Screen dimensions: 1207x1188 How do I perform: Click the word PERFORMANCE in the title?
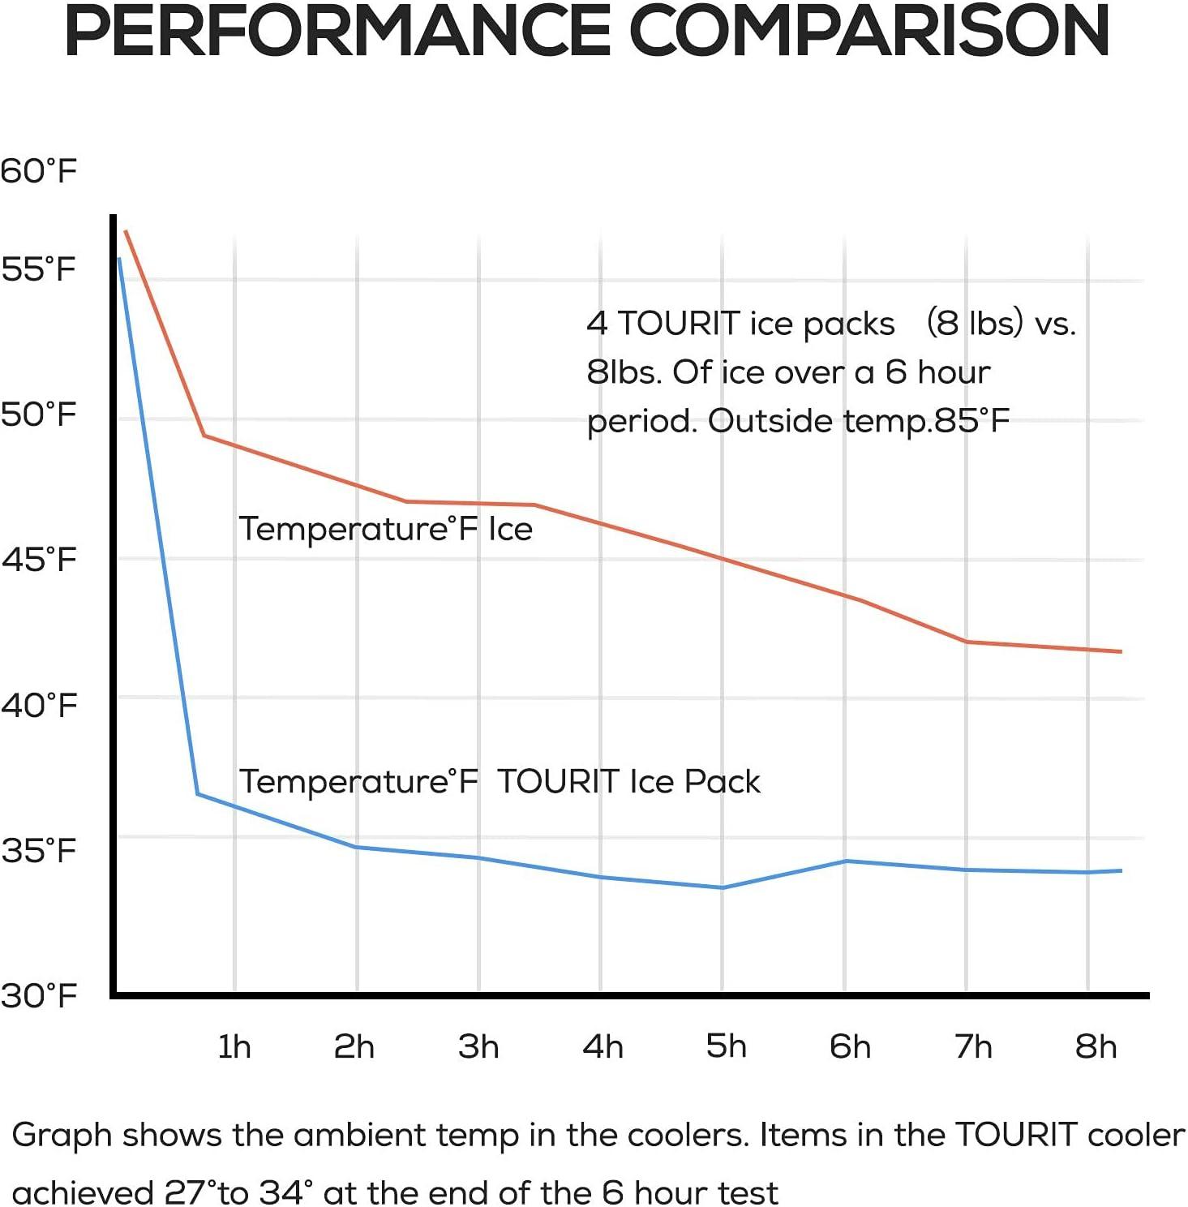pos(337,31)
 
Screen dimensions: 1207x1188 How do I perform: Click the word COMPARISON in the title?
pos(868,31)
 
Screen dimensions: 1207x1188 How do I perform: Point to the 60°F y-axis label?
pos(38,171)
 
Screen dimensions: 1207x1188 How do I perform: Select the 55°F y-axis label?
pos(38,268)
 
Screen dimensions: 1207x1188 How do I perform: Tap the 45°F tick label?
pos(38,559)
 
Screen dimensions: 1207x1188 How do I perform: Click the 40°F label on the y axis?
pos(38,704)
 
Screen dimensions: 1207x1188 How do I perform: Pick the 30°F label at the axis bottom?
pos(38,994)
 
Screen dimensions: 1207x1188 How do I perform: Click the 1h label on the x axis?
pos(234,1046)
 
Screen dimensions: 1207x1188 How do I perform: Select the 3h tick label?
pos(478,1046)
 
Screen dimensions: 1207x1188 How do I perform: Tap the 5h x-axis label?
pos(726,1046)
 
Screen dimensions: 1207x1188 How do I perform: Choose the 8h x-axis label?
pos(1096,1046)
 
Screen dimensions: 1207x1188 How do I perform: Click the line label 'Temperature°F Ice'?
pos(385,529)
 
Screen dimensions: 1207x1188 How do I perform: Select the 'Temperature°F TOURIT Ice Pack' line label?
pos(500,782)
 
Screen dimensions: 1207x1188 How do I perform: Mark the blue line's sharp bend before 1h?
pos(198,793)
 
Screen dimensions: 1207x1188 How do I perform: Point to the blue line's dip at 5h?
pos(722,887)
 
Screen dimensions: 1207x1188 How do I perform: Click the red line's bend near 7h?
pos(966,642)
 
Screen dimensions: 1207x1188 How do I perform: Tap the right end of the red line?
pos(1121,651)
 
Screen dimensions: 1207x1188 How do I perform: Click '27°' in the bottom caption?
pos(190,1192)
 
